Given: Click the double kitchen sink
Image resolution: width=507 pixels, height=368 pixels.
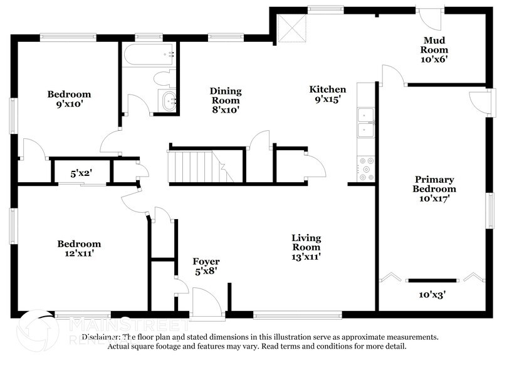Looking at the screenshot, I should pyautogui.click(x=365, y=122).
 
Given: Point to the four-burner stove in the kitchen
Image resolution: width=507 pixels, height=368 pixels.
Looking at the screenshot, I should pyautogui.click(x=365, y=166).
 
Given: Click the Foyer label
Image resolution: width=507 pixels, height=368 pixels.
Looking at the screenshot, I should pyautogui.click(x=204, y=262).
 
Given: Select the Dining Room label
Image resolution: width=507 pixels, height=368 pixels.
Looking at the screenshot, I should pyautogui.click(x=226, y=100).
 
